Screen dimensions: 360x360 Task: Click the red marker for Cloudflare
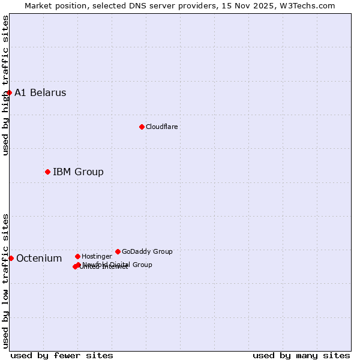pos(142,127)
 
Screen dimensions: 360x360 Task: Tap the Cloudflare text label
pos(161,127)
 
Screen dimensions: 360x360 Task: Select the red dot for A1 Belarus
pos(9,92)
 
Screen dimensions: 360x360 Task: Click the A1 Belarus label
pos(40,93)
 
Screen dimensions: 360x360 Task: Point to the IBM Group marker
pos(47,172)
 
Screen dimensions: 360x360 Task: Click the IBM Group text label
pos(78,172)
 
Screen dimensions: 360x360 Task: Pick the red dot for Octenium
pos(11,258)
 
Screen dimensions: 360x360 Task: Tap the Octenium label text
pos(39,259)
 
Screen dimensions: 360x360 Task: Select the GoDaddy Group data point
pos(118,251)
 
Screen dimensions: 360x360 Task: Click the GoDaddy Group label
pos(147,252)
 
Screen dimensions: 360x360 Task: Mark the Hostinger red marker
pos(77,256)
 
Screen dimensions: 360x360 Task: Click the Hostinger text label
pos(97,257)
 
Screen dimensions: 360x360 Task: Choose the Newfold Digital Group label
pos(117,265)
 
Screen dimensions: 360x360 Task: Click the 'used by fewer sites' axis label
pos(62,355)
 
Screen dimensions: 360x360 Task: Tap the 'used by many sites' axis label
pos(301,355)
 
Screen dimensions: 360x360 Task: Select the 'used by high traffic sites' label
pos(5,85)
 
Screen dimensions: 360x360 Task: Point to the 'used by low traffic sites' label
pos(5,281)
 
